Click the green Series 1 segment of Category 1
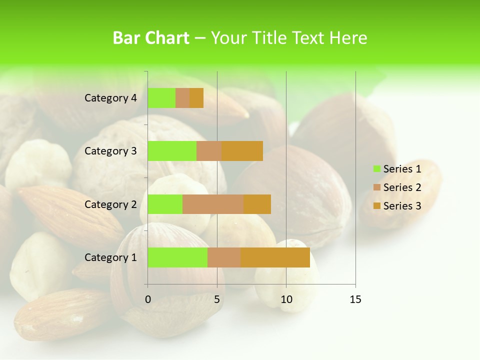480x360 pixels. click(177, 257)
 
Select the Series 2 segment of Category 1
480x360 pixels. click(224, 257)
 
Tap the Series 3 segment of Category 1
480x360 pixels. click(275, 257)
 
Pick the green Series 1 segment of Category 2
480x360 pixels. click(165, 204)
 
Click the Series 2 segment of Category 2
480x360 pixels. click(213, 204)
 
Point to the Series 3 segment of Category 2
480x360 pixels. click(257, 204)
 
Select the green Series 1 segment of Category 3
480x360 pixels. click(172, 151)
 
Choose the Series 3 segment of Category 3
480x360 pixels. click(242, 151)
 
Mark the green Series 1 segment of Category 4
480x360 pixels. click(161, 98)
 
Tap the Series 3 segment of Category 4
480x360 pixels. click(196, 98)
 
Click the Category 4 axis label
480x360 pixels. click(110, 98)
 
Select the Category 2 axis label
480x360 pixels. click(110, 204)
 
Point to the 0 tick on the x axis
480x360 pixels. click(148, 299)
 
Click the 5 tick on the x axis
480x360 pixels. click(217, 299)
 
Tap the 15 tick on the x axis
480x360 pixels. click(355, 299)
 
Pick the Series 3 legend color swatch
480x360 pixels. click(377, 206)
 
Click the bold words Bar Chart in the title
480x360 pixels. click(151, 38)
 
